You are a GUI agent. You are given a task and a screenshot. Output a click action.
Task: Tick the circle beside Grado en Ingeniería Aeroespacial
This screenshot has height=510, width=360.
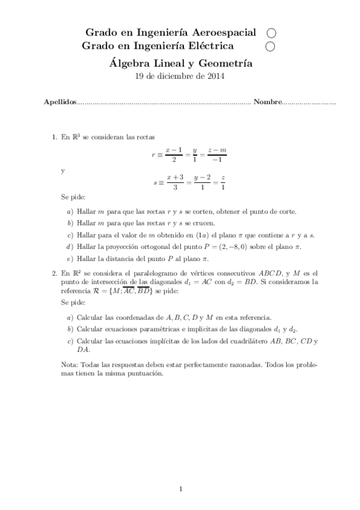tap(270, 33)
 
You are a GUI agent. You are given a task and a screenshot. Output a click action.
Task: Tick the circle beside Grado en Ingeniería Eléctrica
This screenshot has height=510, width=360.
tap(270, 46)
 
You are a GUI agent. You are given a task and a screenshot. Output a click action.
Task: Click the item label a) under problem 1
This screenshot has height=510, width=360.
tap(70, 211)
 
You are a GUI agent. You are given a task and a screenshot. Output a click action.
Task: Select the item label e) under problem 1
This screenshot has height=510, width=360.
tap(70, 258)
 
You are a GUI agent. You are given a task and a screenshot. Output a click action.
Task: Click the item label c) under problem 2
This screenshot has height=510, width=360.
tap(70, 341)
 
